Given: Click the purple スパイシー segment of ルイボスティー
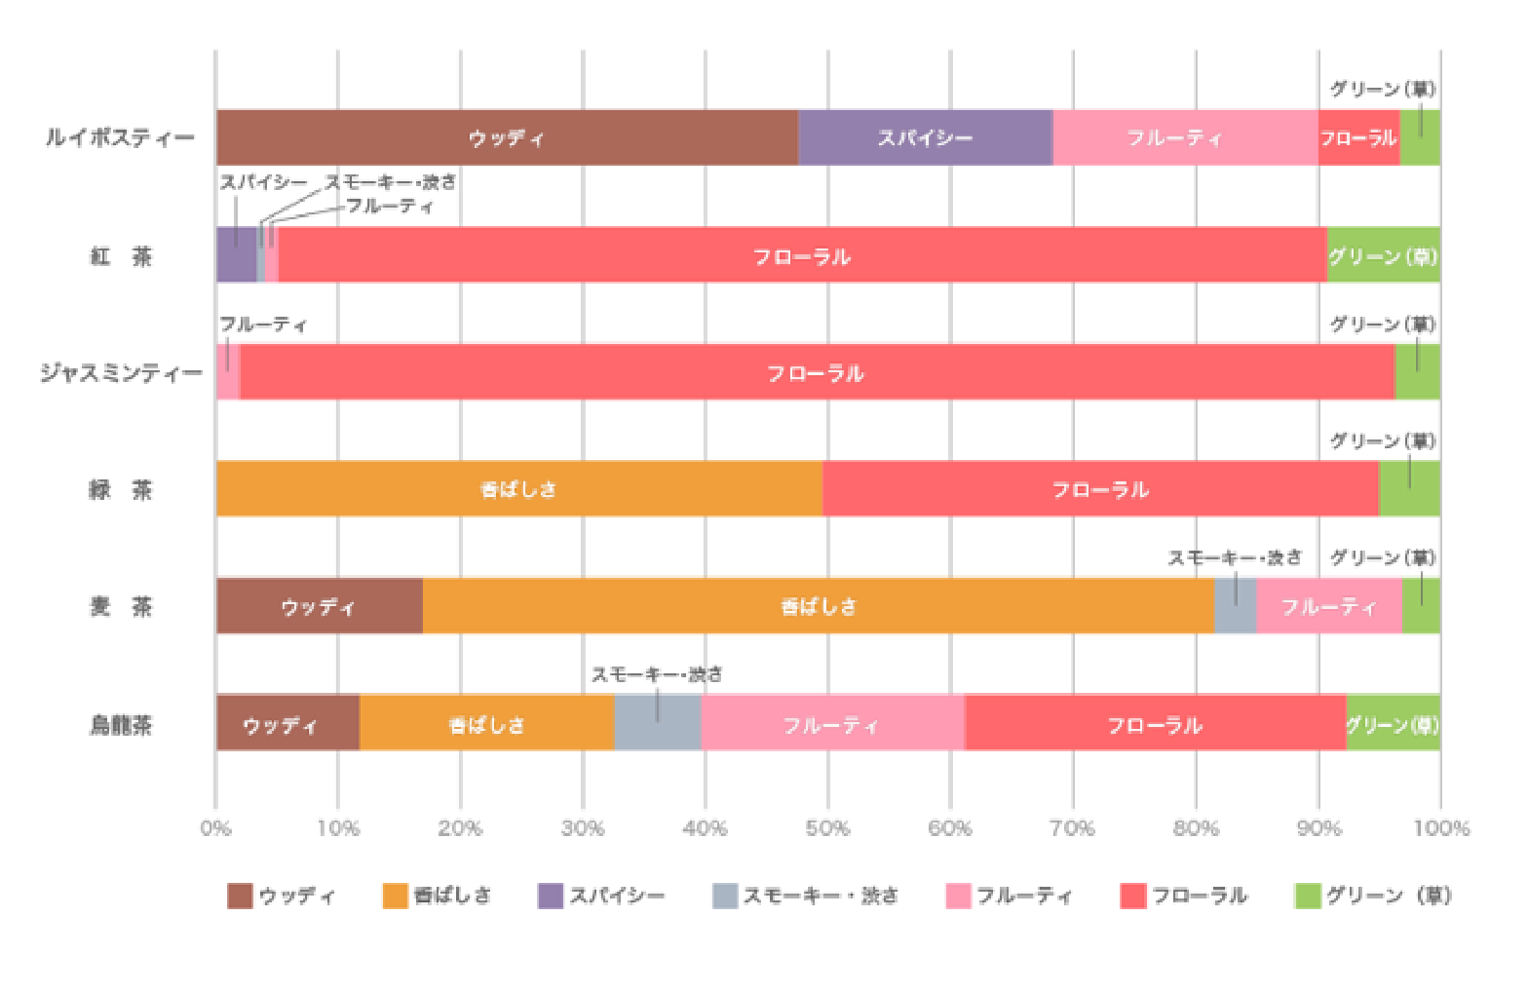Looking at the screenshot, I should click(925, 137).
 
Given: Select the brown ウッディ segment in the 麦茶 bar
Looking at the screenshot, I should click(319, 606).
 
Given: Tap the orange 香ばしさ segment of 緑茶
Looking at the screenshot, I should click(518, 489).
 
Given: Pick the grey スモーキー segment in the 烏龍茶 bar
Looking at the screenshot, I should click(658, 723).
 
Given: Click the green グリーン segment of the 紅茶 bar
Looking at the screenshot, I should click(1383, 255).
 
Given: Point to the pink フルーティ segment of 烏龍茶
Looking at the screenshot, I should click(831, 723).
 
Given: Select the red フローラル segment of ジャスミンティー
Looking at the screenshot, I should click(817, 372).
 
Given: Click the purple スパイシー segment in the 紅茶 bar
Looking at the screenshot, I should click(236, 255).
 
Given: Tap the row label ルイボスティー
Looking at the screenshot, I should click(120, 137).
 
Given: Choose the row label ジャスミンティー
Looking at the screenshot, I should click(121, 372).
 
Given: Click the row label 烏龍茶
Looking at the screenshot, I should click(121, 724).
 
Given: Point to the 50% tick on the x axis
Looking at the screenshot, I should click(827, 828).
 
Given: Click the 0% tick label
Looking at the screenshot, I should click(215, 828).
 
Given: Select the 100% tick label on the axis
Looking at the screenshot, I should click(1440, 828).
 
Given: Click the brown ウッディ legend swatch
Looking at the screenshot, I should click(240, 896).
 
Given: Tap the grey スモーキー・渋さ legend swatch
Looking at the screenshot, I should click(725, 896).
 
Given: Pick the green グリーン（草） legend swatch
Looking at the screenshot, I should click(1307, 896).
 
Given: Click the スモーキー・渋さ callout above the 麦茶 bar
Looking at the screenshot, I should click(1235, 557).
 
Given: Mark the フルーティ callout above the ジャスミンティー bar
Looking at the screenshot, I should click(263, 325).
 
